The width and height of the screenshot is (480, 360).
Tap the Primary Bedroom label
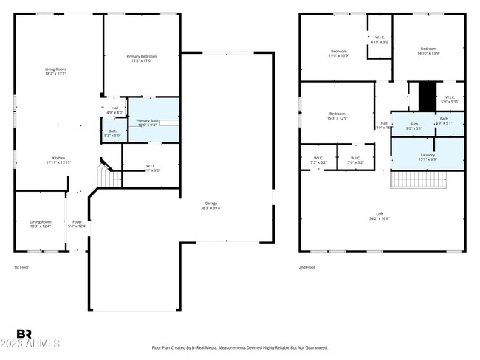[x=141, y=58]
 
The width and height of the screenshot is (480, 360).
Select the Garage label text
[x=210, y=206]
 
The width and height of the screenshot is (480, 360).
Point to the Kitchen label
[x=58, y=159]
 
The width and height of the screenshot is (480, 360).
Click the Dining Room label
[x=41, y=224]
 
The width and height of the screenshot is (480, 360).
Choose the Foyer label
[x=77, y=224]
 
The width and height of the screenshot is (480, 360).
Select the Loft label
[x=379, y=216]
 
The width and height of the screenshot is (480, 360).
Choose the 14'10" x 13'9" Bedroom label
[x=428, y=51]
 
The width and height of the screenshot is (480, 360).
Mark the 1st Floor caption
[x=22, y=267]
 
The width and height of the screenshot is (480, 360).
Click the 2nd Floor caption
[x=306, y=267]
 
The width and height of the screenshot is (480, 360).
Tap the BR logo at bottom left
[x=24, y=335]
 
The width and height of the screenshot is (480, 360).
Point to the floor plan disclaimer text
[x=239, y=347]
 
